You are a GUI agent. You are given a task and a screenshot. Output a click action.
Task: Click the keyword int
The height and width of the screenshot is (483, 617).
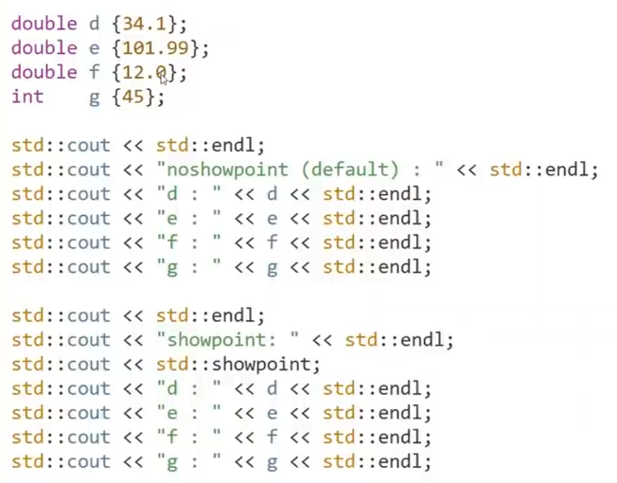click(27, 97)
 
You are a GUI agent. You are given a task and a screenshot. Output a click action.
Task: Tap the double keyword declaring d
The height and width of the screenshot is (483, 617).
click(44, 24)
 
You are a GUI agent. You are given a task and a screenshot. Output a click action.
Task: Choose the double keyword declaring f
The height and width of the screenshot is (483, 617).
click(44, 72)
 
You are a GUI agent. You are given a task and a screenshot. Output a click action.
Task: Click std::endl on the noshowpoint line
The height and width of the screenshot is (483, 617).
click(543, 170)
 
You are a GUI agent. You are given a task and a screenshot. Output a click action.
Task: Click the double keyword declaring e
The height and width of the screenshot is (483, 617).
click(44, 48)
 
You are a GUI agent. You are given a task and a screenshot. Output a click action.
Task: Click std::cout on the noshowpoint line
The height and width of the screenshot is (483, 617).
click(61, 170)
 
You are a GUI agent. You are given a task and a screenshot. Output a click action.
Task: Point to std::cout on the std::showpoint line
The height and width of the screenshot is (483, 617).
click(61, 365)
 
